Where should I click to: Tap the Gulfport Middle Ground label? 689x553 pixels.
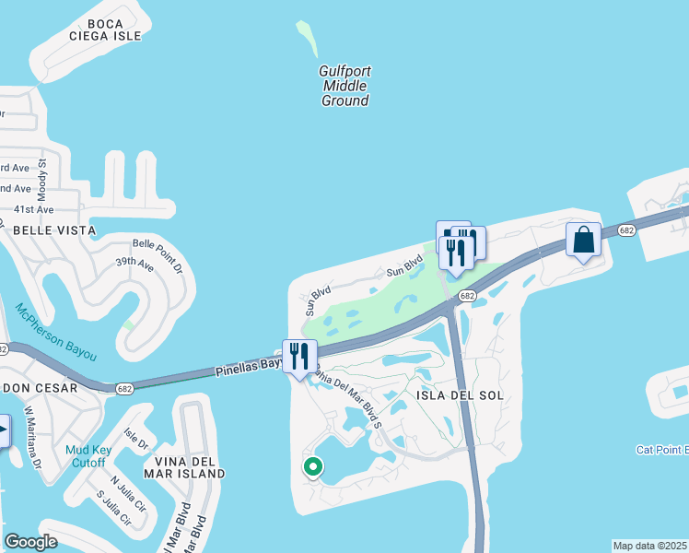point(344,86)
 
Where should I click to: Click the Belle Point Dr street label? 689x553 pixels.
point(158,256)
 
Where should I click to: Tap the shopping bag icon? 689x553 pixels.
point(583,240)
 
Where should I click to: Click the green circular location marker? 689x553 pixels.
point(313,467)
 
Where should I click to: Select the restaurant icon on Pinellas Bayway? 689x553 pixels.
point(299,356)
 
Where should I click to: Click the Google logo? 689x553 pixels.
point(31,543)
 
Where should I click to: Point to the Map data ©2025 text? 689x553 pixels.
point(649,546)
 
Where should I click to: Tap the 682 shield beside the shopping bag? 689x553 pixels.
point(627,229)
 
